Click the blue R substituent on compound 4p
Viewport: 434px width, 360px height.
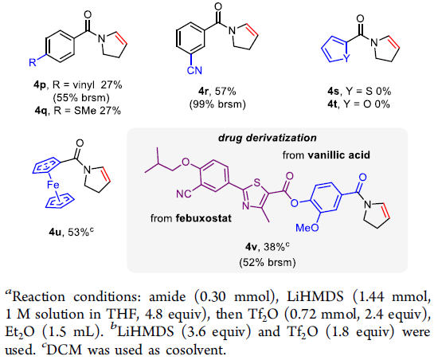tap(33, 63)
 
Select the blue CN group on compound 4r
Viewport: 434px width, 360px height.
tap(194, 70)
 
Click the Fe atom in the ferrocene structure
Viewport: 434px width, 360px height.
tap(53, 185)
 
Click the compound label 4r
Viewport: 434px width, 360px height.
tap(203, 91)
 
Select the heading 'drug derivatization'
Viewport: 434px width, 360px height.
tap(268, 138)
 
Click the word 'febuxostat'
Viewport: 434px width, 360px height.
tap(203, 218)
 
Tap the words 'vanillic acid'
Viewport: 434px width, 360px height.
tap(338, 155)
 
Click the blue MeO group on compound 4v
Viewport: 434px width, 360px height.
tap(307, 228)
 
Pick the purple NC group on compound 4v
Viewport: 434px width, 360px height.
tap(184, 194)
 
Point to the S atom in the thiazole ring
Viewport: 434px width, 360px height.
tap(257, 182)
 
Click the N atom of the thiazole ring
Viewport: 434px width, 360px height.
tap(245, 206)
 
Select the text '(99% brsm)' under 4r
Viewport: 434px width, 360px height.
tap(217, 104)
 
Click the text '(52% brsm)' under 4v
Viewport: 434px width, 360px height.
tap(268, 262)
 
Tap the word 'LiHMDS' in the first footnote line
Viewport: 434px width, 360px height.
tap(315, 297)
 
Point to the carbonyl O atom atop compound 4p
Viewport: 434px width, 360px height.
tap(88, 14)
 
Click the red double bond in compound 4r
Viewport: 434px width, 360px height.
tap(252, 30)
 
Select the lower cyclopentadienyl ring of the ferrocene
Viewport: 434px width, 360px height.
tap(60, 200)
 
